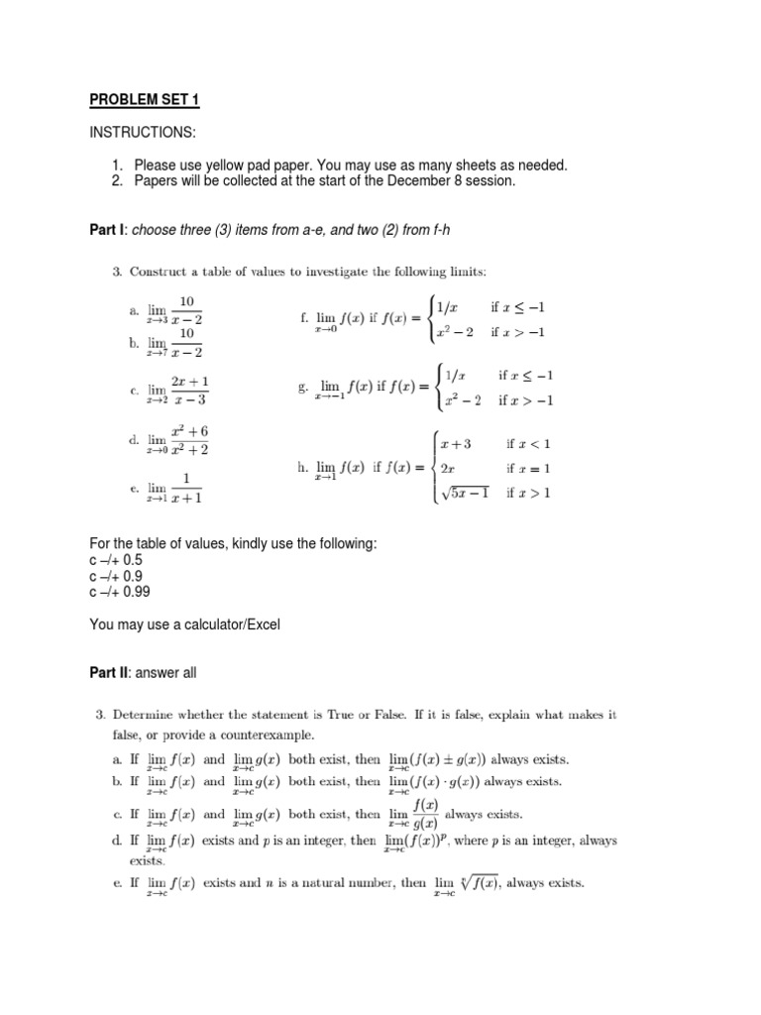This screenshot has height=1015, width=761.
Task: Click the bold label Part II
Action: (x=108, y=673)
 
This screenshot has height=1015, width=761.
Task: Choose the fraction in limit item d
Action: (x=188, y=440)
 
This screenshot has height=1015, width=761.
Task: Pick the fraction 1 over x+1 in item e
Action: (x=187, y=487)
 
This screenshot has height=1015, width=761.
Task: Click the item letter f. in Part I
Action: (x=305, y=319)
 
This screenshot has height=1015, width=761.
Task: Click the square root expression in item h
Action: (x=464, y=493)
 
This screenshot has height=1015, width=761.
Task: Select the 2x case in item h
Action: (x=447, y=468)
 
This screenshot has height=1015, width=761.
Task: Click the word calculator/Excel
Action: (x=242, y=624)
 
